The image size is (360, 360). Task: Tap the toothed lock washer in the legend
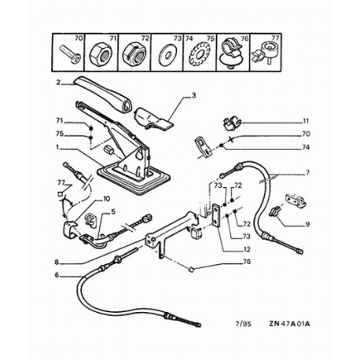click(x=200, y=55)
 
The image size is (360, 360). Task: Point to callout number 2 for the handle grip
click(x=58, y=83)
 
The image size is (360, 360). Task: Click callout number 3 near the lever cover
click(x=193, y=96)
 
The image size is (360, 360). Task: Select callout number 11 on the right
click(x=306, y=121)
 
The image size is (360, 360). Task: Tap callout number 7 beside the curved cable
click(x=307, y=173)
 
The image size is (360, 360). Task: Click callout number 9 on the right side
click(x=307, y=224)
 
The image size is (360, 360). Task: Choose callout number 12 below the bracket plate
click(x=247, y=249)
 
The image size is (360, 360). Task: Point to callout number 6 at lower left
click(x=57, y=275)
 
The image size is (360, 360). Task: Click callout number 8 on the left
click(x=57, y=262)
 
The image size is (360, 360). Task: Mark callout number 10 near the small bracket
click(x=107, y=199)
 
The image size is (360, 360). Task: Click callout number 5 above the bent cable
click(x=113, y=211)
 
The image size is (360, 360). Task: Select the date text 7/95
click(x=243, y=324)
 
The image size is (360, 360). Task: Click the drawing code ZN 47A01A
click(x=289, y=324)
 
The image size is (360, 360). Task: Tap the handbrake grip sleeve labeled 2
click(x=104, y=94)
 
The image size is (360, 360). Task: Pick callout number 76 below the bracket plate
click(x=247, y=262)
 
